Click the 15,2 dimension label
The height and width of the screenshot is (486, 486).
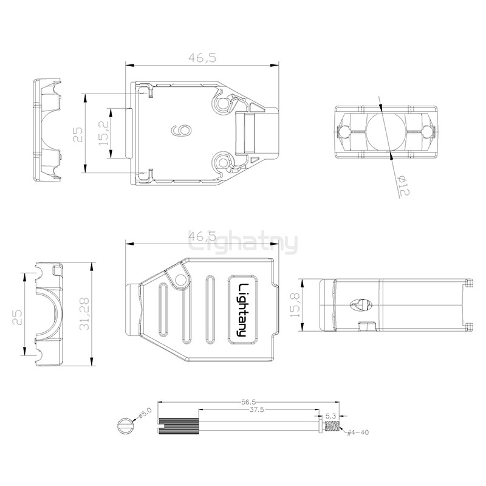[x=104, y=133]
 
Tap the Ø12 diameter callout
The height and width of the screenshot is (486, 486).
[x=404, y=185]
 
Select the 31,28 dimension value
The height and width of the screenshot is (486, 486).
[x=84, y=313]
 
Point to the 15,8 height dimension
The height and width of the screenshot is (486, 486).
[x=295, y=305]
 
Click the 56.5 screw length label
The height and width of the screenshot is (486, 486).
[x=248, y=402]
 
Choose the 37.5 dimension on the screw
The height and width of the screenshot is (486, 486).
[x=256, y=409]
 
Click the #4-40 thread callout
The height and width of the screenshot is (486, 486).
[x=358, y=433]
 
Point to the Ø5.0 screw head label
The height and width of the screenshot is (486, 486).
[x=145, y=414]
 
